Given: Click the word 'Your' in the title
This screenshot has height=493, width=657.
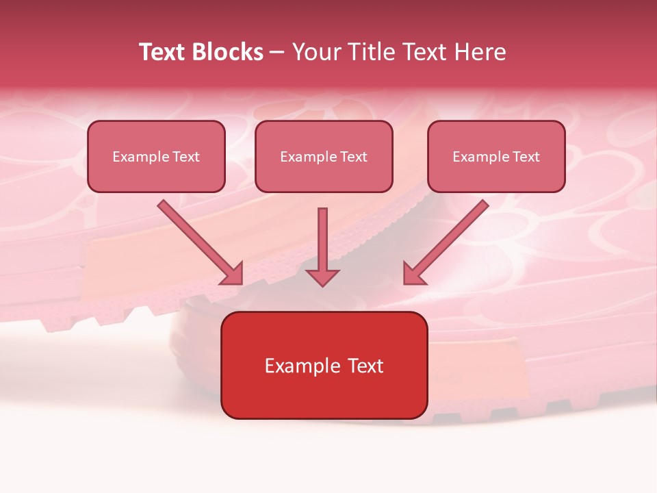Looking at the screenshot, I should pyautogui.click(x=315, y=52).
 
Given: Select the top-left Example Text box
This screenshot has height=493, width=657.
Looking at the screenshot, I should pyautogui.click(x=156, y=156).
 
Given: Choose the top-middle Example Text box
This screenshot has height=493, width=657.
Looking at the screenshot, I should pyautogui.click(x=324, y=156).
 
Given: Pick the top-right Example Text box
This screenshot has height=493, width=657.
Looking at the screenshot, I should pyautogui.click(x=496, y=156).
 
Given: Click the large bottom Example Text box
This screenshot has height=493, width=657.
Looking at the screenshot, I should pyautogui.click(x=324, y=365).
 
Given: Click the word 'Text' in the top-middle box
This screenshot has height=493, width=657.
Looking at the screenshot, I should pyautogui.click(x=353, y=157).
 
